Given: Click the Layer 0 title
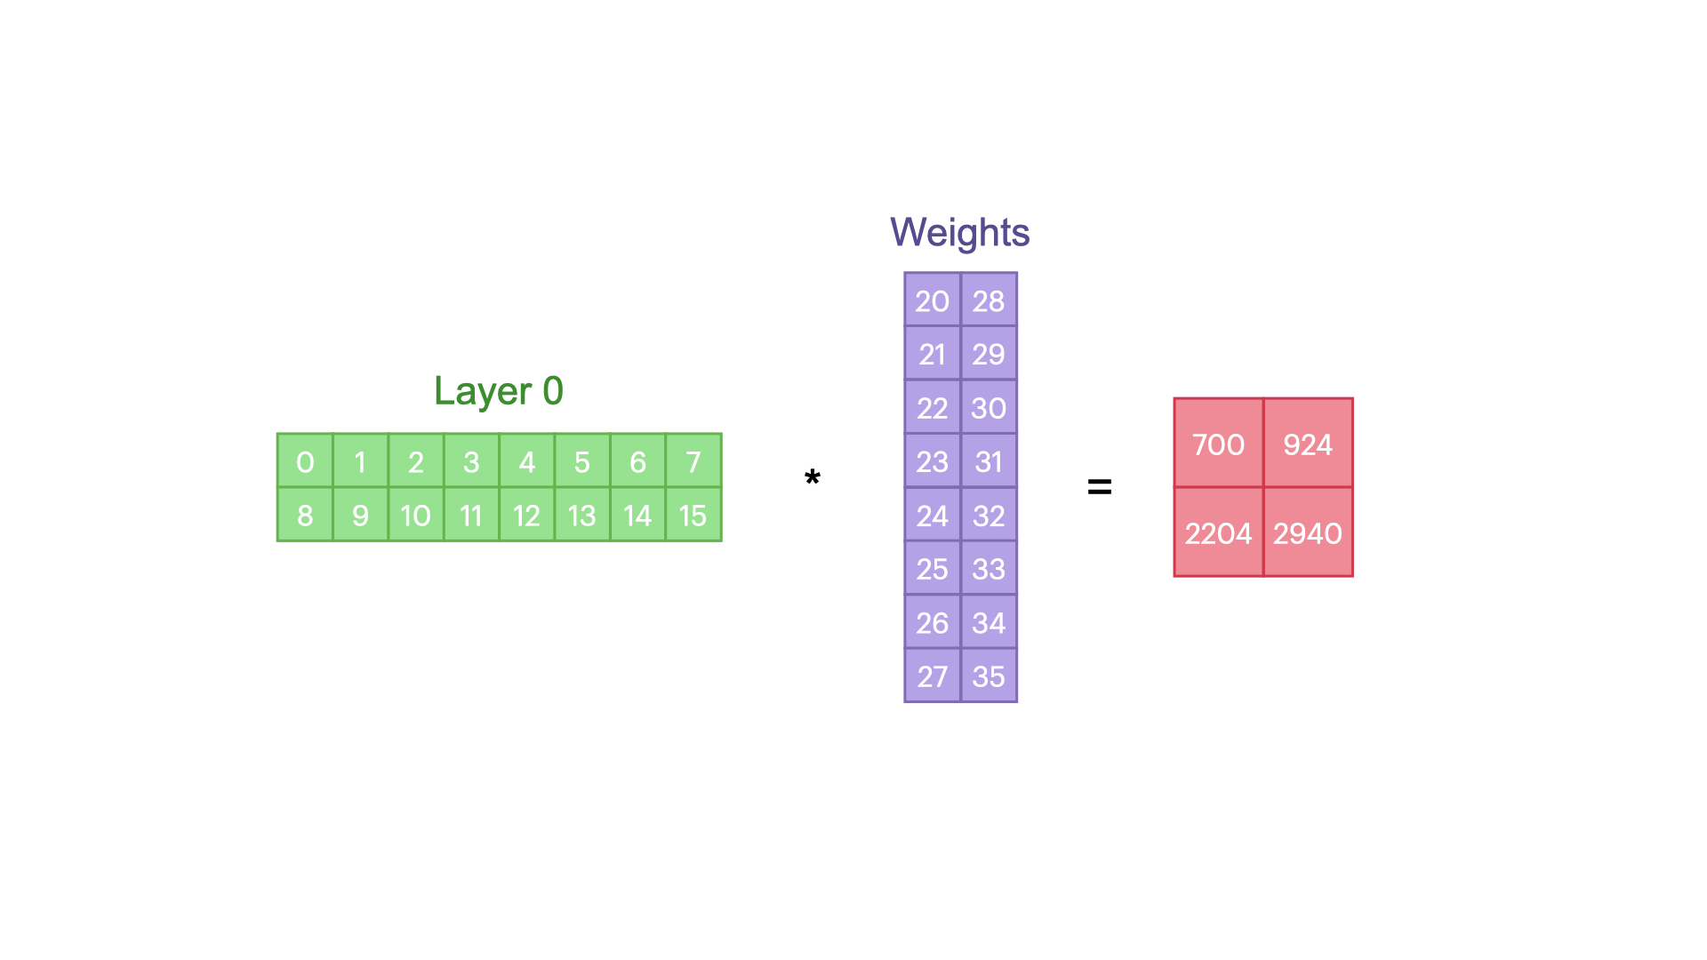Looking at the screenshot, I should (x=499, y=391).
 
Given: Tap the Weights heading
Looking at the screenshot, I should (x=959, y=233).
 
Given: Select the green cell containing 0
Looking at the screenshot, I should (x=305, y=461).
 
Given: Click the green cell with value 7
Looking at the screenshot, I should (x=693, y=461).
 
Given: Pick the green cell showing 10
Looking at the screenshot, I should (x=415, y=516).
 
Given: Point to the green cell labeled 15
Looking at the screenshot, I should (x=693, y=516).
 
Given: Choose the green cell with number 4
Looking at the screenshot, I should (x=527, y=461).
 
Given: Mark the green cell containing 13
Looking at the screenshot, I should (x=582, y=516).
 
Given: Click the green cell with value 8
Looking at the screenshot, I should (x=305, y=516).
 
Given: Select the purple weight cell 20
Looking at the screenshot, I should (x=933, y=300).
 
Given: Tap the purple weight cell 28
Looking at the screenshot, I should (x=989, y=300).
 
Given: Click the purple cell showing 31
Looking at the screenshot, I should (x=989, y=461).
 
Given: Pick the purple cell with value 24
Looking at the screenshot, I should (x=933, y=516).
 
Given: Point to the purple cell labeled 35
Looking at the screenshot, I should (x=989, y=676).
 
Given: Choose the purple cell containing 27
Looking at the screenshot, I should (x=933, y=676).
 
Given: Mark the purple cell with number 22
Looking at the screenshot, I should (x=933, y=408).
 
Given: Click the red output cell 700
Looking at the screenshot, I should (x=1218, y=444).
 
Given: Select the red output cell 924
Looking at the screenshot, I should (x=1308, y=444).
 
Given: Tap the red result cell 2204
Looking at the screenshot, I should (x=1218, y=533).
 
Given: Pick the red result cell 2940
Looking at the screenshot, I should (x=1308, y=533).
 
